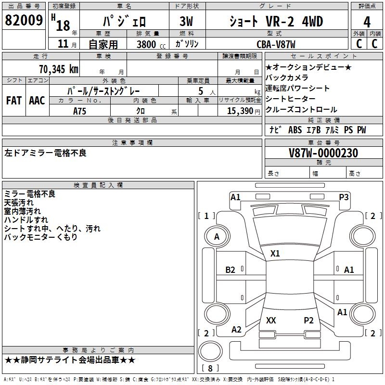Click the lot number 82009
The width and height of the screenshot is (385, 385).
[x=24, y=21]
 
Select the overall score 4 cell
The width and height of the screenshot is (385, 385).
[x=367, y=22]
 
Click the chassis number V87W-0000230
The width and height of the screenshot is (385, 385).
[x=323, y=153]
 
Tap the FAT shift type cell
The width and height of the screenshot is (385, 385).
[x=14, y=100]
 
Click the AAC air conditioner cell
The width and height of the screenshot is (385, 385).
[x=37, y=100]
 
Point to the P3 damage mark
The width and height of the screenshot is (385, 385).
[x=344, y=197]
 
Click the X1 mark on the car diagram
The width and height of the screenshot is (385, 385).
[x=275, y=253]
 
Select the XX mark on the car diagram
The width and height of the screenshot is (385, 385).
[x=271, y=320]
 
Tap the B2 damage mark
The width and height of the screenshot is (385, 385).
[x=231, y=270]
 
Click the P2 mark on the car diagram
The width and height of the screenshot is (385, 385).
[x=308, y=320]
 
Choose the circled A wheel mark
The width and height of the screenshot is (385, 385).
[x=217, y=237]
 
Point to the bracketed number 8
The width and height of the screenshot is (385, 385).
[x=210, y=368]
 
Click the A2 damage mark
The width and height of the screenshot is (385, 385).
[x=236, y=329]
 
